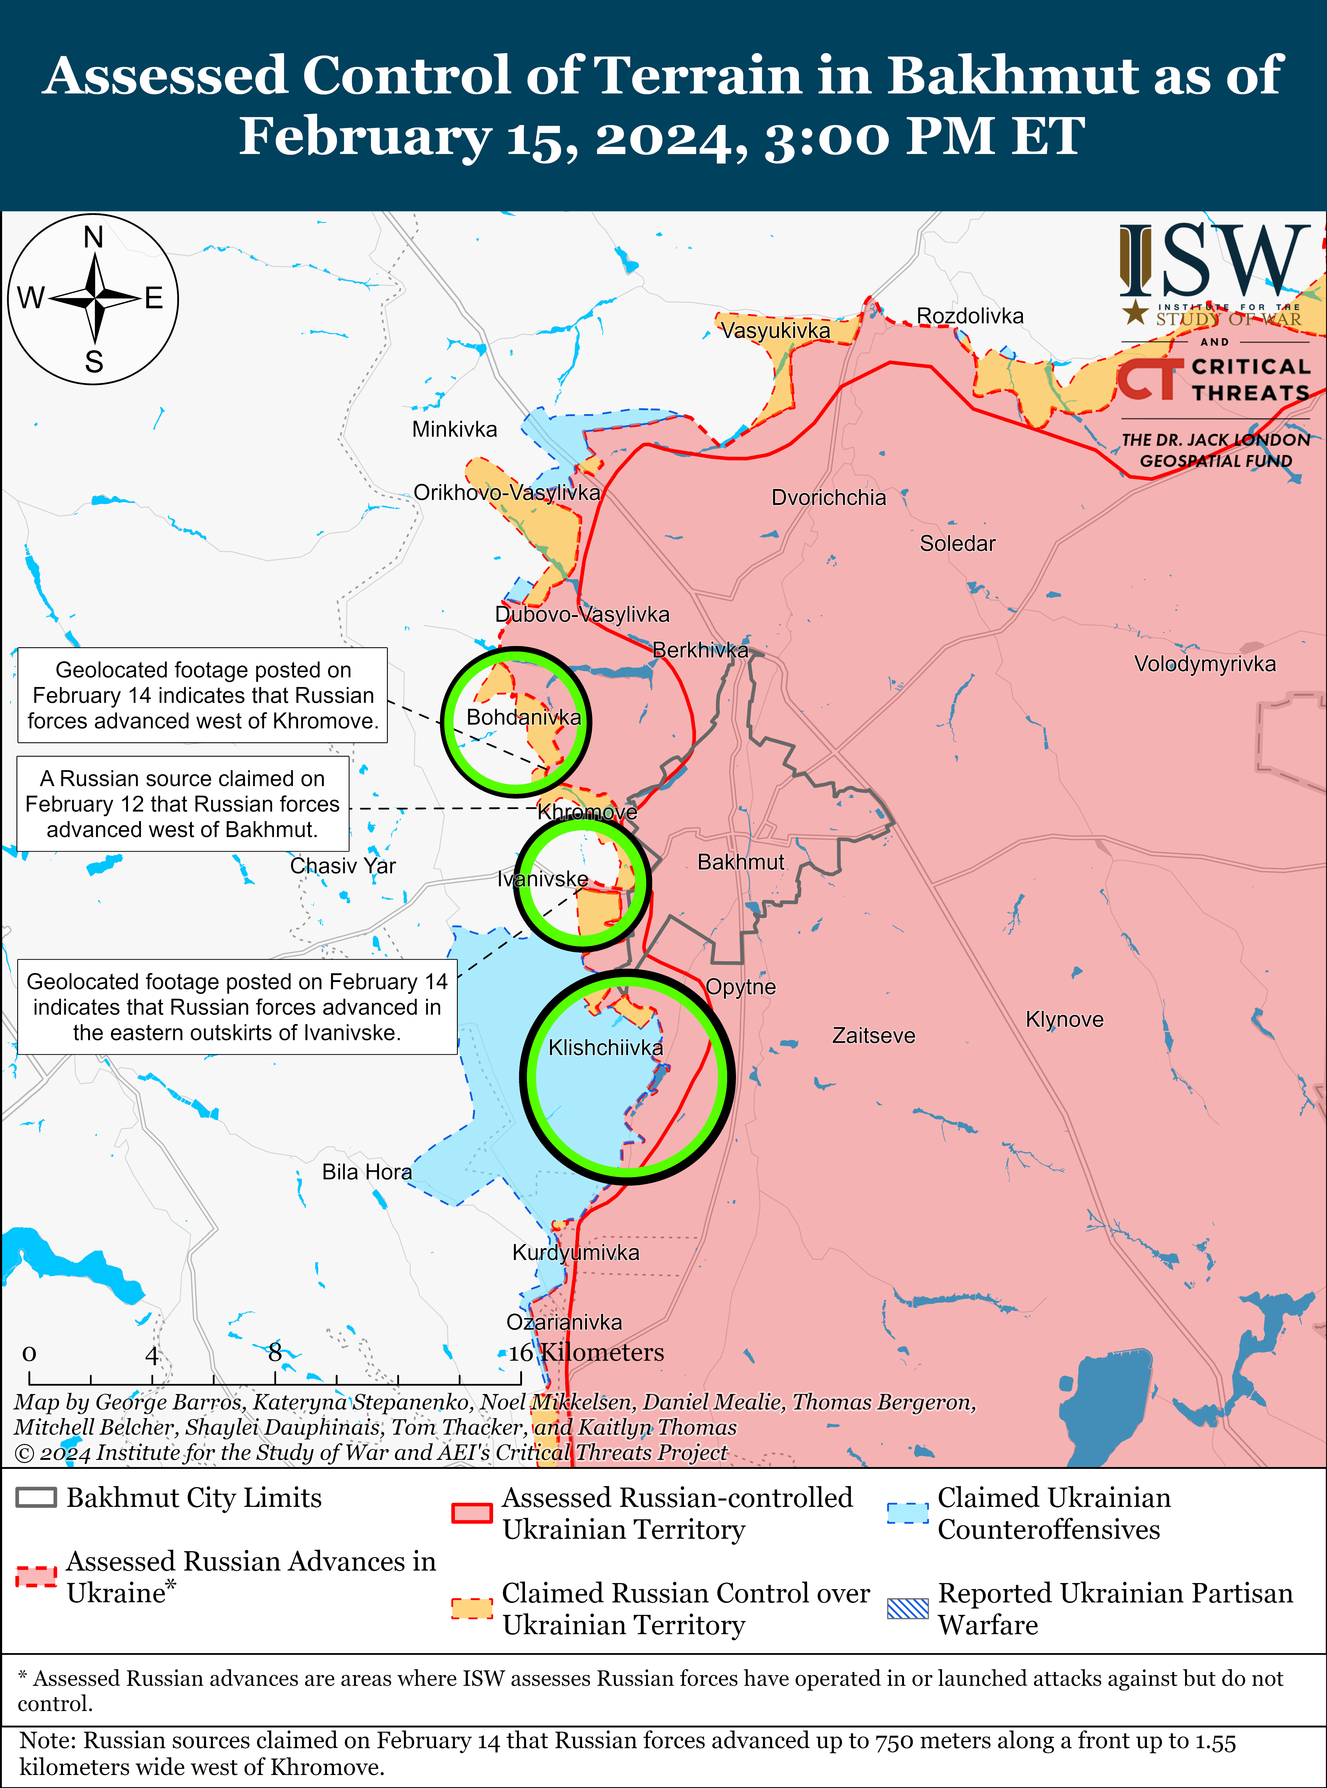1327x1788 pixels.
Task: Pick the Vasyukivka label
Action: click(775, 330)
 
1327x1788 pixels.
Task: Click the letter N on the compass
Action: click(94, 238)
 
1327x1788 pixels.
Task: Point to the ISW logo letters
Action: click(1213, 261)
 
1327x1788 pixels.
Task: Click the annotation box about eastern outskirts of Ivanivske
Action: click(237, 1007)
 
